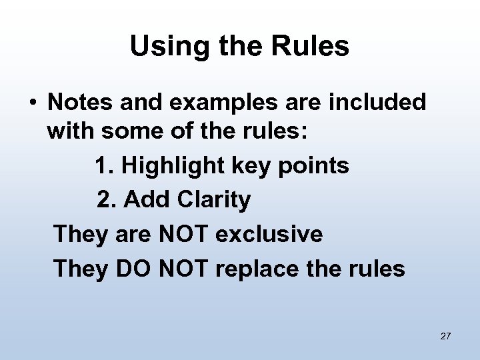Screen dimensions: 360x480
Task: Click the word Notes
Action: pos(78,103)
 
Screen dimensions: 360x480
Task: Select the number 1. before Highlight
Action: pos(105,166)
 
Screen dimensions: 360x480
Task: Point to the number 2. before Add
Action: pos(107,200)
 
